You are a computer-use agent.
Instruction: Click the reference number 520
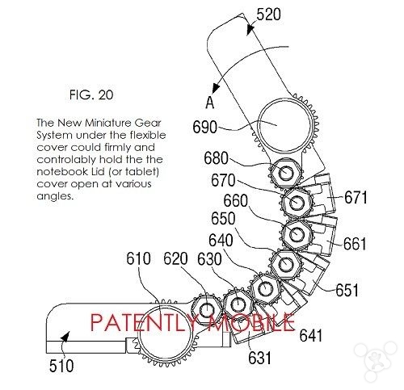pyautogui.click(x=268, y=15)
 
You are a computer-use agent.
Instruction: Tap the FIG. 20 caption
pyautogui.click(x=91, y=94)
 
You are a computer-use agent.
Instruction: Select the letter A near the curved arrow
pyautogui.click(x=210, y=103)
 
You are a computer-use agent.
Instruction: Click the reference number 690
pyautogui.click(x=204, y=127)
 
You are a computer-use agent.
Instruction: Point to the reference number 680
pyautogui.click(x=216, y=158)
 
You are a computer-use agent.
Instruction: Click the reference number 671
pyautogui.click(x=356, y=197)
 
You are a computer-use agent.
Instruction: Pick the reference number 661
pyautogui.click(x=355, y=244)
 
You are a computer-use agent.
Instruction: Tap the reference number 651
pyautogui.click(x=347, y=290)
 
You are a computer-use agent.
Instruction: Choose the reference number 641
pyautogui.click(x=311, y=335)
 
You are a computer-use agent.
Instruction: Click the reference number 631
pyautogui.click(x=259, y=358)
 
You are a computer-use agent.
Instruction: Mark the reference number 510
pyautogui.click(x=61, y=366)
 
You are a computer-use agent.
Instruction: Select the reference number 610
pyautogui.click(x=138, y=258)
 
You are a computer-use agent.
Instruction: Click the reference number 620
pyautogui.click(x=175, y=258)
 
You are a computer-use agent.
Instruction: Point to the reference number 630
pyautogui.click(x=209, y=259)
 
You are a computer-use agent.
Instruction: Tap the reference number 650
pyautogui.click(x=223, y=218)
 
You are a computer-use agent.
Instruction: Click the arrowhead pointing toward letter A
pyautogui.click(x=216, y=88)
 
